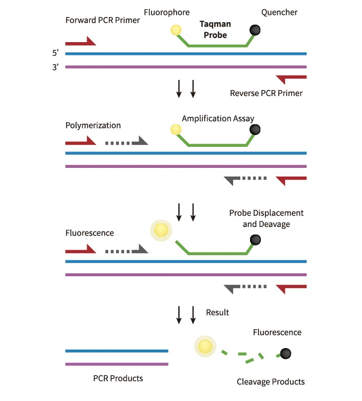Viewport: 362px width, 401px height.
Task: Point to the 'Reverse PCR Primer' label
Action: coord(266,93)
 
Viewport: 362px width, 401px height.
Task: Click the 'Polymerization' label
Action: coord(93,125)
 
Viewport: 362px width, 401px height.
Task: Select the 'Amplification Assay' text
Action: coord(218,118)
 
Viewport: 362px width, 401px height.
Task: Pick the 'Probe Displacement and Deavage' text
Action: coord(266,218)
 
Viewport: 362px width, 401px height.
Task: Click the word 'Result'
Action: coord(217,312)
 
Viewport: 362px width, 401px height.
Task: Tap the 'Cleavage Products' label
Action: coord(271,381)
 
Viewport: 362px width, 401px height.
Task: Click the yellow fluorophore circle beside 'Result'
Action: coord(204,346)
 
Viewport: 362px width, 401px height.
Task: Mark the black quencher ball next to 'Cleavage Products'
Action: coord(284,353)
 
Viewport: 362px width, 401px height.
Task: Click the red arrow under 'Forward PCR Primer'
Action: coord(81,42)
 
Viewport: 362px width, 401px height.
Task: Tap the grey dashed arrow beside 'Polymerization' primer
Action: coord(126,141)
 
